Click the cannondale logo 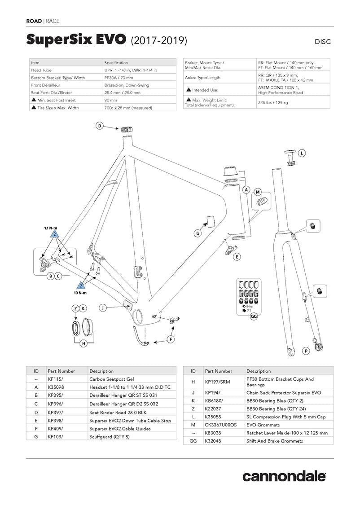(284, 476)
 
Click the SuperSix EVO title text (76, 40)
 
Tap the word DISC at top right (323, 42)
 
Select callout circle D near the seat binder (100, 126)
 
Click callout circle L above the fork (302, 153)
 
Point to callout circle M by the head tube (258, 192)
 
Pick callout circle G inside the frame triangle (198, 233)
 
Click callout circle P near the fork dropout (306, 351)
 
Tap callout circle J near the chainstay (103, 307)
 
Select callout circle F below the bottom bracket (171, 339)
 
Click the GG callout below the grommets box (254, 316)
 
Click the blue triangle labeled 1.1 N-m (54, 234)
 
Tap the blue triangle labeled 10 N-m (81, 285)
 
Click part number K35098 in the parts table (56, 387)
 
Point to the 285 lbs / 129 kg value (273, 103)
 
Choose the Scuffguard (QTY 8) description (110, 436)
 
